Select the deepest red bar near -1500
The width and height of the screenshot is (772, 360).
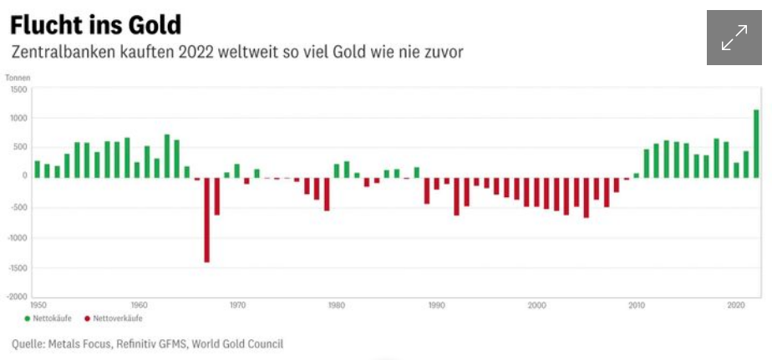click(206, 220)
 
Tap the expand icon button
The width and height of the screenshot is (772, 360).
click(734, 38)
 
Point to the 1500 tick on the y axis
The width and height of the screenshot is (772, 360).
click(18, 89)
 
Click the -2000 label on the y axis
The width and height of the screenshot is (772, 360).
click(17, 296)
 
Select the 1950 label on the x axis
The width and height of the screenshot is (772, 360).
click(39, 305)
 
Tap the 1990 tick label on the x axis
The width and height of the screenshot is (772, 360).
click(436, 305)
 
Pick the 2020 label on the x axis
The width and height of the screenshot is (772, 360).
click(736, 305)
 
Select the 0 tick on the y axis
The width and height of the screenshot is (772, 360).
click(25, 176)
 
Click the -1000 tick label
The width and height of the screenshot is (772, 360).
click(17, 237)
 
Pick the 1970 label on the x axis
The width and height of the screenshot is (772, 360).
click(237, 305)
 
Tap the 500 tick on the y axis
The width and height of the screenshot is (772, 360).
click(20, 147)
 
